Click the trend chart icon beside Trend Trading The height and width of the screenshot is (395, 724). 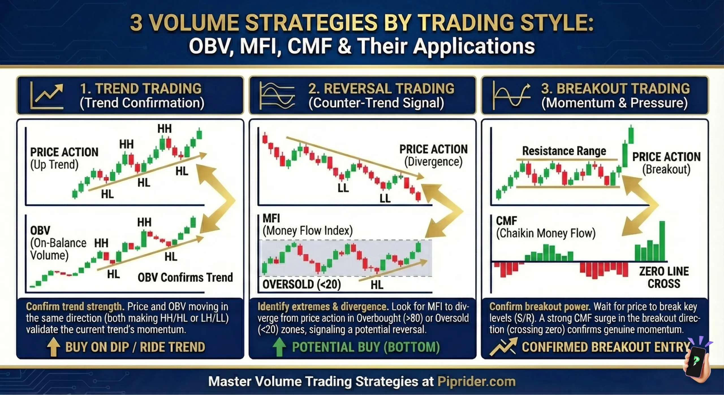click(x=47, y=96)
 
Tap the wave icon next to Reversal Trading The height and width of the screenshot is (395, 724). click(x=277, y=96)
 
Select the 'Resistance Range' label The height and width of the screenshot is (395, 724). click(x=564, y=151)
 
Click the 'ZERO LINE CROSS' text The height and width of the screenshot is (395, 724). click(x=664, y=277)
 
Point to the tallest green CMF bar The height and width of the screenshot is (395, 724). click(x=662, y=241)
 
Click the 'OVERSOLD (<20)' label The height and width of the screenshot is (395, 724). click(x=302, y=284)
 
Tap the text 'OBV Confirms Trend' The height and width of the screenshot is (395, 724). click(x=185, y=277)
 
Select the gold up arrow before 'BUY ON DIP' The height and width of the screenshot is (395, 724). click(x=53, y=347)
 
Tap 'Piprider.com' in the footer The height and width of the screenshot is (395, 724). click(x=477, y=381)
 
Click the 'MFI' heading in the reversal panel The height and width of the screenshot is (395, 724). click(x=271, y=218)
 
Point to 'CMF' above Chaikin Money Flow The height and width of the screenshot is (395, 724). click(x=506, y=221)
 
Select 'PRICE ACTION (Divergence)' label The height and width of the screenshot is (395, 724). click(x=433, y=155)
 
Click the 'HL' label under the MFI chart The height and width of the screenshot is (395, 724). click(x=377, y=285)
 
